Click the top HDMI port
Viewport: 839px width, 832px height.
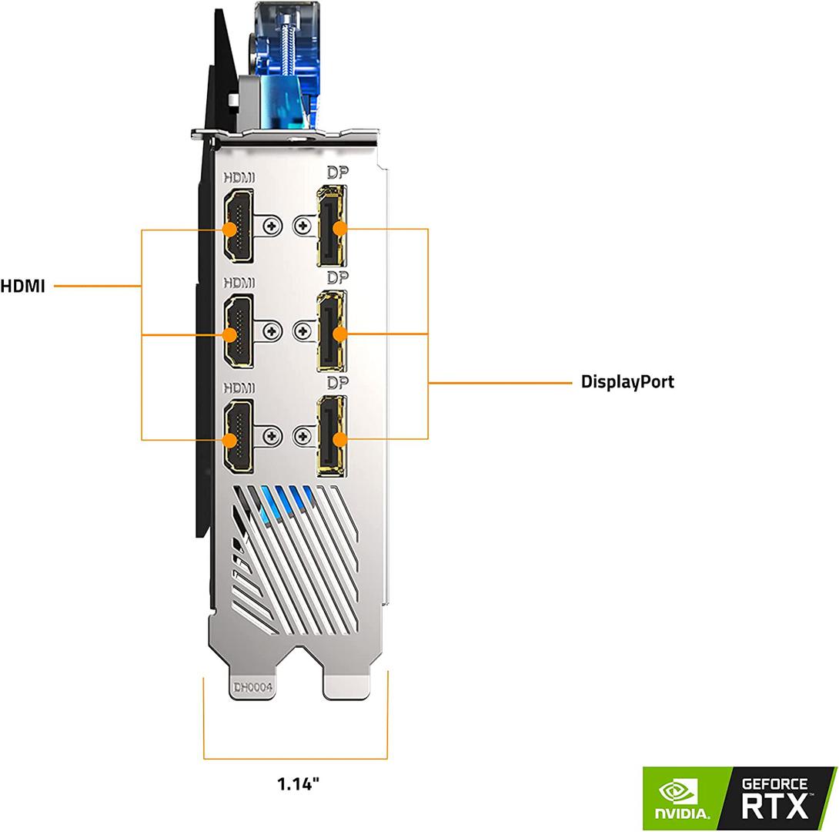pos(239,226)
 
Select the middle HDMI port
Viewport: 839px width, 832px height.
pos(239,332)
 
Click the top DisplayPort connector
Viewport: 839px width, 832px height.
pos(332,226)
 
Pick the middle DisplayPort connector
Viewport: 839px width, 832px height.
pos(332,332)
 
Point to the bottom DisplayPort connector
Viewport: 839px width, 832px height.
pos(332,437)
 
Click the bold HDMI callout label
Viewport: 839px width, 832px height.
pos(22,287)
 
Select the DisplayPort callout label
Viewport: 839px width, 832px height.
pos(627,381)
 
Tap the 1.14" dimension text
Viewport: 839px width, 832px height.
pos(298,784)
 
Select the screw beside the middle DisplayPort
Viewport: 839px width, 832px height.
pos(303,332)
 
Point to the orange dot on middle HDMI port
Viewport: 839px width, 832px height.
pos(229,334)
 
